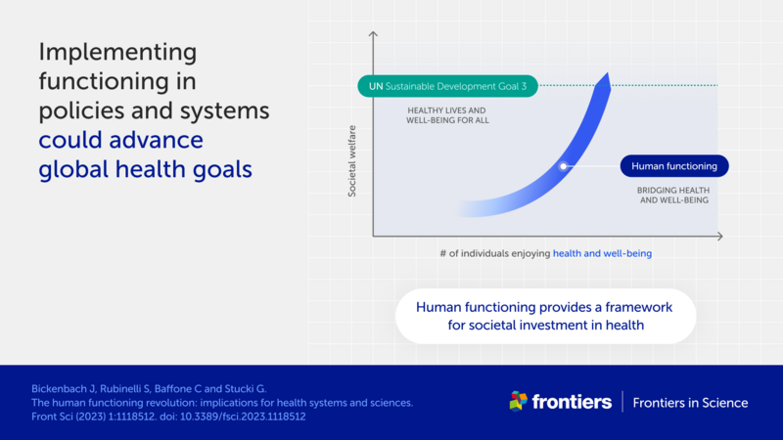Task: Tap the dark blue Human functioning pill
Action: click(x=674, y=166)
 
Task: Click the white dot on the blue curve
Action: click(x=564, y=166)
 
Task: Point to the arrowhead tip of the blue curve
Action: click(x=608, y=74)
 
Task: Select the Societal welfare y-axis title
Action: click(x=353, y=160)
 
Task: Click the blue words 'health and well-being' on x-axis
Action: click(x=602, y=253)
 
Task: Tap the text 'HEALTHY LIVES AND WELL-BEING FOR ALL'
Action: click(x=448, y=115)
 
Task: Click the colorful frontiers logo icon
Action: click(x=519, y=402)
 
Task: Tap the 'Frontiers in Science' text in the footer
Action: click(x=690, y=403)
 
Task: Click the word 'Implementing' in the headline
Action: click(x=117, y=51)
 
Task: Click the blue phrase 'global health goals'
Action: click(x=145, y=169)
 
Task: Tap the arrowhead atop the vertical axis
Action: click(x=373, y=36)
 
